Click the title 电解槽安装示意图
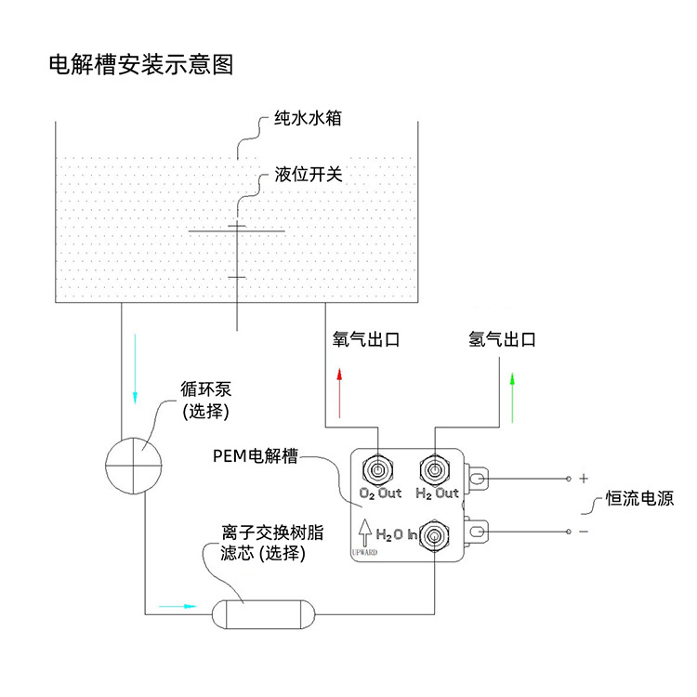coord(140,64)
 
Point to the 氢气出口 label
coord(503,340)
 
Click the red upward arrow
coord(340,391)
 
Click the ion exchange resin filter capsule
coord(265,613)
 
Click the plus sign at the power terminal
coord(584,479)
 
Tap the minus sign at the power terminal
coord(584,532)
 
